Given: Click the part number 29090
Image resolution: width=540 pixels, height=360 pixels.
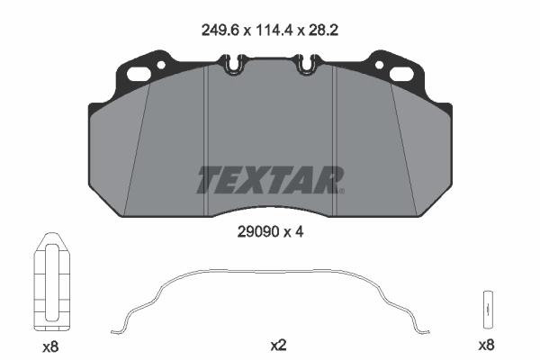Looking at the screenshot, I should tap(256, 230).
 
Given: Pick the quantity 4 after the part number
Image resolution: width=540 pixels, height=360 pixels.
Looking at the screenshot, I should tap(300, 230).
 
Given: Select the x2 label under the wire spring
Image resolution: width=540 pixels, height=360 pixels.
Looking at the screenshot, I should tap(277, 344).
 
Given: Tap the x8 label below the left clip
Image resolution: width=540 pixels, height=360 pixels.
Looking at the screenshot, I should tap(51, 344).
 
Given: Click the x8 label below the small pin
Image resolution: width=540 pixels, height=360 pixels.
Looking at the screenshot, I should tap(486, 344).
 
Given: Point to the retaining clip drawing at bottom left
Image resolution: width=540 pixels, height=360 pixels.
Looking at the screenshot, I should tap(51, 284).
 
